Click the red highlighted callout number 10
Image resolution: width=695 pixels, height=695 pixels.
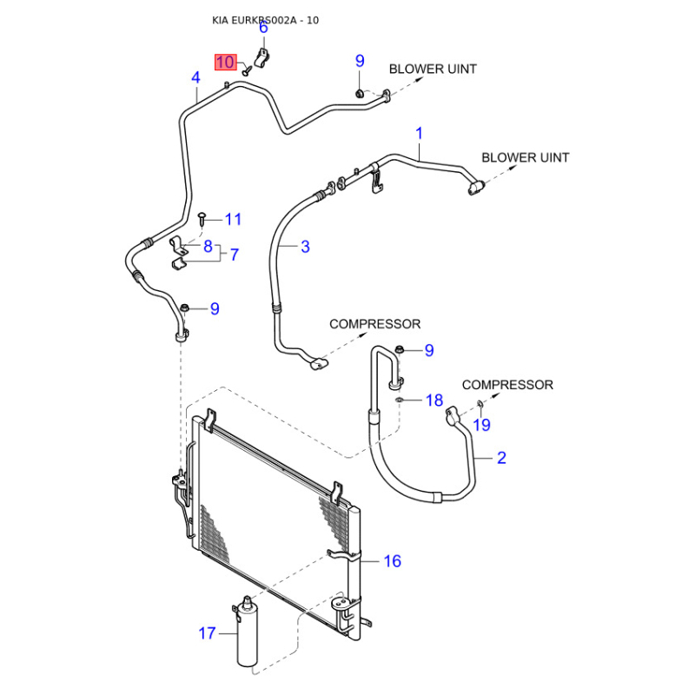[x=226, y=63]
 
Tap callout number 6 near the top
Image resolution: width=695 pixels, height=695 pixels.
[x=263, y=28]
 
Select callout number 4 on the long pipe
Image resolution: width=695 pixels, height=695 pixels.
[x=195, y=78]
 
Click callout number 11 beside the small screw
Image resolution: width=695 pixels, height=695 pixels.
[x=233, y=219]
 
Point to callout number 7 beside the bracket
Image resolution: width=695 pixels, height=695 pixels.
[x=234, y=255]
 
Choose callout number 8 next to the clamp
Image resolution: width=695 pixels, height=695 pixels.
[x=208, y=247]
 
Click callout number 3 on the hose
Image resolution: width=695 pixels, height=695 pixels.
[x=305, y=247]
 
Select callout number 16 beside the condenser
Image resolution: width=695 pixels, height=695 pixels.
[x=393, y=561]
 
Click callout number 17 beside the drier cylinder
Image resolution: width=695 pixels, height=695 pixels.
[x=207, y=633]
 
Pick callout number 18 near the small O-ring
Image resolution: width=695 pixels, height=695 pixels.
[x=434, y=400]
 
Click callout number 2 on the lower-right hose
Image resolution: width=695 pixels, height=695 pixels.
[x=501, y=458]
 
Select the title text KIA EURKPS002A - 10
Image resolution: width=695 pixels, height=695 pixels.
[x=266, y=20]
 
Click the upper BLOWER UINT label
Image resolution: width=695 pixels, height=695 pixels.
[x=432, y=69]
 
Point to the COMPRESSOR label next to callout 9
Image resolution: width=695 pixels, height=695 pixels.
[x=374, y=324]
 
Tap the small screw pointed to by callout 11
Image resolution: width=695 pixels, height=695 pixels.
[x=202, y=214]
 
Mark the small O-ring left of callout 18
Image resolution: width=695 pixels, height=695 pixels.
[x=398, y=400]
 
